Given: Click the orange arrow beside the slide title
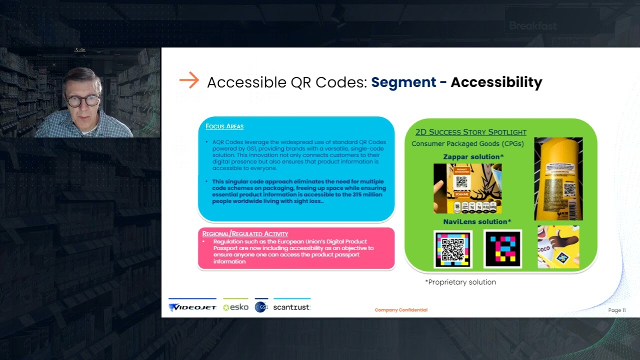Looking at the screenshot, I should click(189, 80).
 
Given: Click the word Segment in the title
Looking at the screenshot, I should click(403, 82).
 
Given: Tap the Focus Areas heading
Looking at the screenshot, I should click(224, 126).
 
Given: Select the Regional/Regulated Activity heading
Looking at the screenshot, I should click(245, 234).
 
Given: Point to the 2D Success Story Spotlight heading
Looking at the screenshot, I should click(470, 132).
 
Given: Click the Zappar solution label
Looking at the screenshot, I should click(473, 157).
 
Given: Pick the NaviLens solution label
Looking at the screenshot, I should click(477, 221).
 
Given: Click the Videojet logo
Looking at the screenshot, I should click(192, 307).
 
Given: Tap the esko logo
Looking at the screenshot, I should click(235, 307).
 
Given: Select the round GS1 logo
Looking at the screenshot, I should click(260, 307).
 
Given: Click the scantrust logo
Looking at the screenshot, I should click(291, 307).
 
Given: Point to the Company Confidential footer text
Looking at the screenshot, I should click(401, 310).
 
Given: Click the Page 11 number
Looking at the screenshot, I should click(617, 310).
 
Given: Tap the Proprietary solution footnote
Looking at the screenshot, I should click(460, 282).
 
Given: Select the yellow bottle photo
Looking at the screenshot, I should click(558, 178).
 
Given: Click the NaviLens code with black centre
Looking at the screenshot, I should click(502, 249).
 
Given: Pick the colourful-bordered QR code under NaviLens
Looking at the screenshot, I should click(453, 249).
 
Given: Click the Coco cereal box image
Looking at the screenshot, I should click(558, 246).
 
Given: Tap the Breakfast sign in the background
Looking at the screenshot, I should click(532, 26).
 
